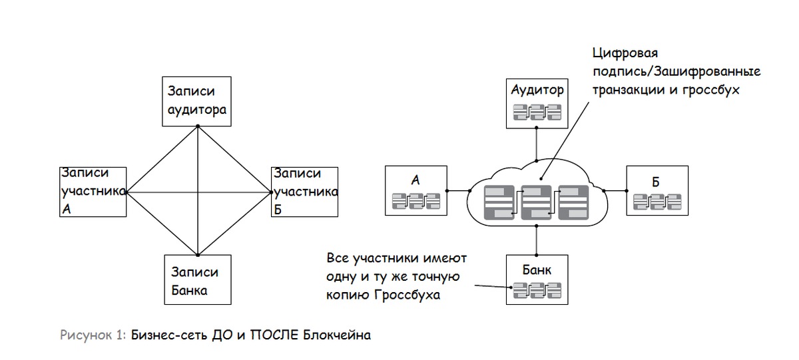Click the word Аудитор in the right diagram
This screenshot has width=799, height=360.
(x=537, y=89)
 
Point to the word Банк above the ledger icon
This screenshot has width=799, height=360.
(x=537, y=270)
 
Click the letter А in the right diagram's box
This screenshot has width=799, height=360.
(x=415, y=180)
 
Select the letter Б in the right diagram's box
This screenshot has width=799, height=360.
(x=656, y=182)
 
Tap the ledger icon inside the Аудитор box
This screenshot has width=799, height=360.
(x=537, y=112)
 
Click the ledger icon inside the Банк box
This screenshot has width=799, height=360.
(x=537, y=291)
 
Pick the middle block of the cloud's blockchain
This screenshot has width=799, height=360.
(x=536, y=202)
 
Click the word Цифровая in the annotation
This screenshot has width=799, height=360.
(x=625, y=53)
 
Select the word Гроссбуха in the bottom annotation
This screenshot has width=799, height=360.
(x=407, y=295)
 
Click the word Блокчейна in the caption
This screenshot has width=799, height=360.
(x=337, y=335)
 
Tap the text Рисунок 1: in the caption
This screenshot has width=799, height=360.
(x=93, y=335)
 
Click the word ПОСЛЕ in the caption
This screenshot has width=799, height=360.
(x=274, y=335)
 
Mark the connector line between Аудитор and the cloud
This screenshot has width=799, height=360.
(x=537, y=144)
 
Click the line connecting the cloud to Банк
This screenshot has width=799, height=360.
(x=537, y=240)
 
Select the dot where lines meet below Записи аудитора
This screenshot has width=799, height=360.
(x=198, y=126)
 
